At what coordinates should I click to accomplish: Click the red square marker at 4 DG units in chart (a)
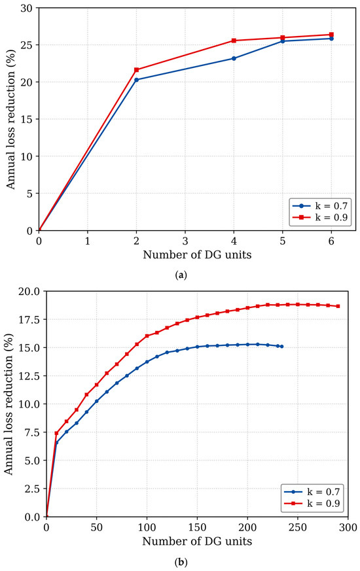(234, 41)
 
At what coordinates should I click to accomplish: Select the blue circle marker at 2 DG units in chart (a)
(137, 80)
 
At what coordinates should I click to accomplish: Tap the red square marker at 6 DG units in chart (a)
(332, 35)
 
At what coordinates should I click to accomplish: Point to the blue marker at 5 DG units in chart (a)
(283, 41)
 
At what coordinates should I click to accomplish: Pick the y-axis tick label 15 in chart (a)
(27, 119)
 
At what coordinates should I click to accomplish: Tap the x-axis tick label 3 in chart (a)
(185, 241)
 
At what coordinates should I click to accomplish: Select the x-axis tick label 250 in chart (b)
(298, 528)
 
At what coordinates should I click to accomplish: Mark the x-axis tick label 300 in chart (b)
(348, 528)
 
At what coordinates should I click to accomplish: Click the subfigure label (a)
(181, 275)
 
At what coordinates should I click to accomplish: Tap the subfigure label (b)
(181, 562)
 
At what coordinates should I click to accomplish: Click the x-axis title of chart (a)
(197, 254)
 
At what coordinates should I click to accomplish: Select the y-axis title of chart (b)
(9, 404)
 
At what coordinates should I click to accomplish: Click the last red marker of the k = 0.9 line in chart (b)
(338, 306)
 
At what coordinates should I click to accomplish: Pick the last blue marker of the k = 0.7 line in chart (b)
(281, 346)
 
